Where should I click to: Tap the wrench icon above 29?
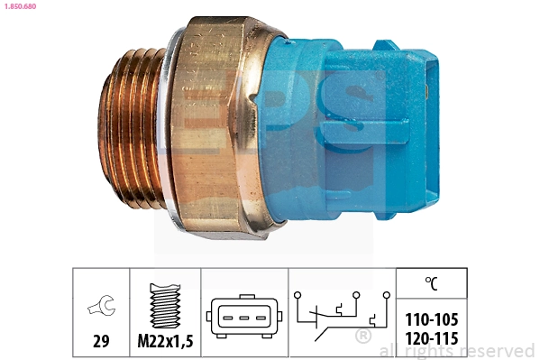coord(100,309)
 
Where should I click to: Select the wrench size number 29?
coord(100,341)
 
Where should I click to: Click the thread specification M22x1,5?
coord(164,341)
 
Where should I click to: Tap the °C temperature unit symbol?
coord(432,283)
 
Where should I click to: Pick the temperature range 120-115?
coord(431,338)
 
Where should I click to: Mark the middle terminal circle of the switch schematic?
coord(356,293)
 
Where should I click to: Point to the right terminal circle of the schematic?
coord(384,293)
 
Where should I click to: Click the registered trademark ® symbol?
coord(362,337)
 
